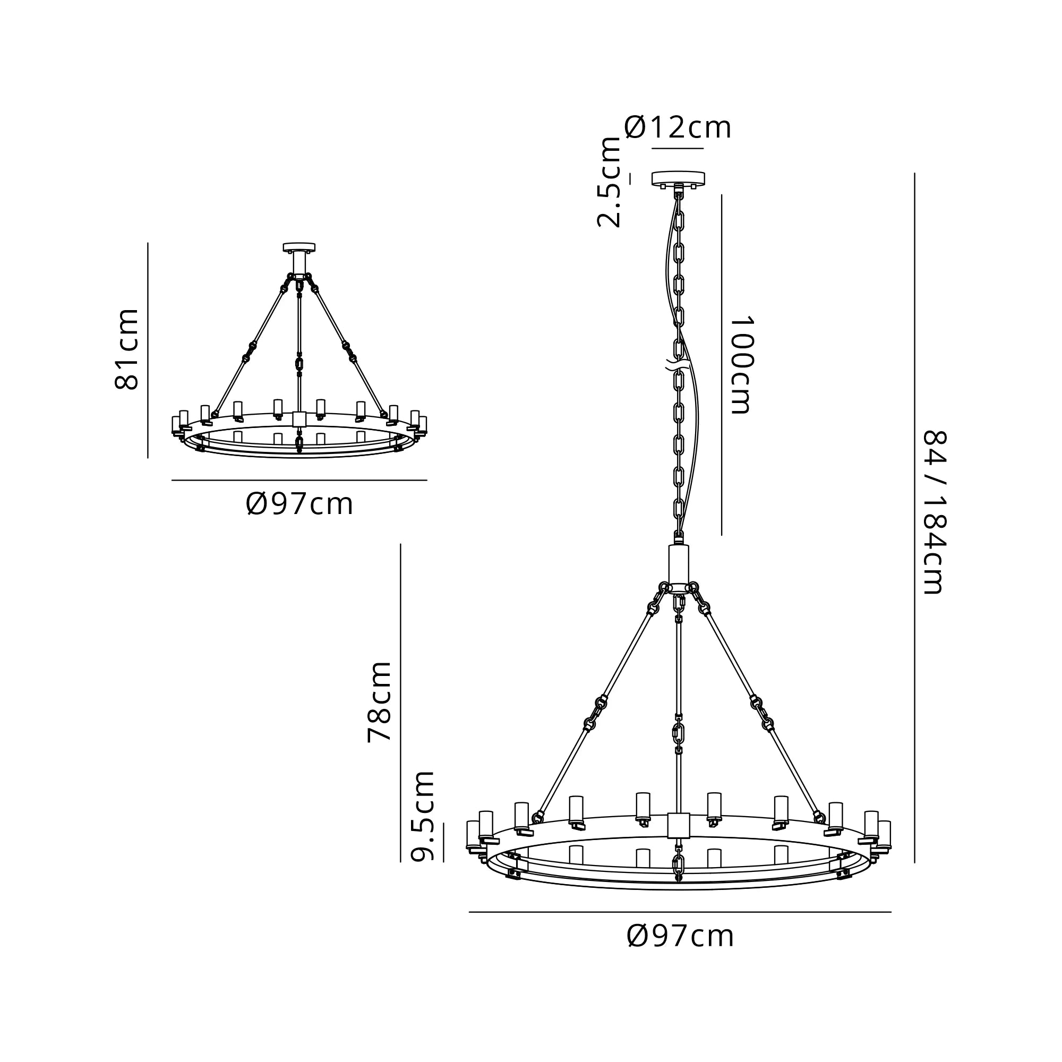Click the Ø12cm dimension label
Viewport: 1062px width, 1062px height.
(x=677, y=127)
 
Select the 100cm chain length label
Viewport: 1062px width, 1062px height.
(x=740, y=365)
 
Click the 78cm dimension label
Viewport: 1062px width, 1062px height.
(x=379, y=701)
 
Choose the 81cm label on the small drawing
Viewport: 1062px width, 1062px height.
(x=126, y=349)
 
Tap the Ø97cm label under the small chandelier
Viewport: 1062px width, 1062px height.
(x=299, y=503)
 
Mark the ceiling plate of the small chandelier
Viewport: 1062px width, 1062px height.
(x=299, y=247)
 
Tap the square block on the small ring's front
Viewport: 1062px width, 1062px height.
(x=299, y=420)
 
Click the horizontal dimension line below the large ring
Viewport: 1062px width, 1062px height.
(x=680, y=912)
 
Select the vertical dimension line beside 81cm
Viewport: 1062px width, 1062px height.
(x=148, y=350)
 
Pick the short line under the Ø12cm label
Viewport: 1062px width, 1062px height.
(x=677, y=148)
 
